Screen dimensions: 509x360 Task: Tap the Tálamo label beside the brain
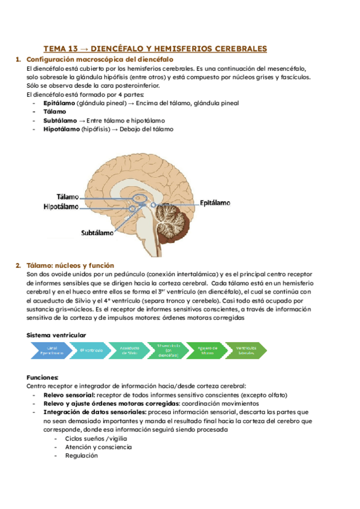68,196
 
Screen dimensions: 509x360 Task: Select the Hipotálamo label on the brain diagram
61,206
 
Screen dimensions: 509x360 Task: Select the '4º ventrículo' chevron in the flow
91,350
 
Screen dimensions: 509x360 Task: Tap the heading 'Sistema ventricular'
56,334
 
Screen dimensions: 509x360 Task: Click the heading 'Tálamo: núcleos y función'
70,265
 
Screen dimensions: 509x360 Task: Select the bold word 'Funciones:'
43,377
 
